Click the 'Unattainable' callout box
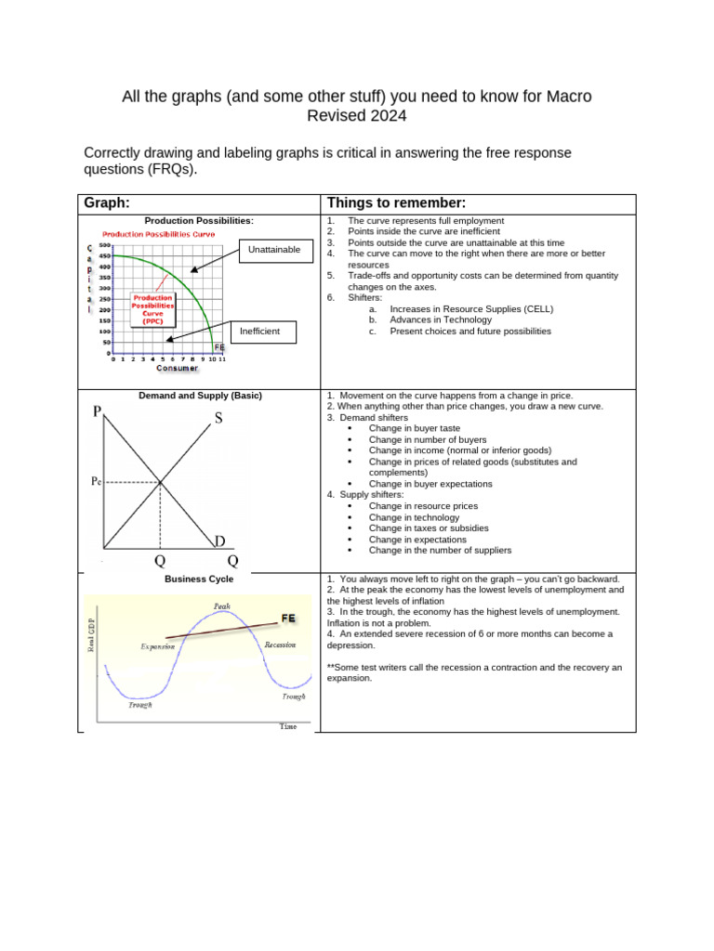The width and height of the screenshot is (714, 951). click(x=274, y=250)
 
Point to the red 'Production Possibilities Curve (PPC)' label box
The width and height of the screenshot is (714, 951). click(x=152, y=308)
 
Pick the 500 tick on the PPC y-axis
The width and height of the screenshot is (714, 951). click(x=105, y=244)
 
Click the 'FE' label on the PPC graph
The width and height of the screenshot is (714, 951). click(x=219, y=347)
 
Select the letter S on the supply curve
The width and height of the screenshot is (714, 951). click(x=218, y=419)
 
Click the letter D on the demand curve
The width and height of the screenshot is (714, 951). click(x=219, y=541)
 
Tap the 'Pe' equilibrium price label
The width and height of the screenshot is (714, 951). click(x=96, y=481)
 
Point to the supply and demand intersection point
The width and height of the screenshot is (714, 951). click(x=161, y=481)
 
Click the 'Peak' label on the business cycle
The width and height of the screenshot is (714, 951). click(x=221, y=606)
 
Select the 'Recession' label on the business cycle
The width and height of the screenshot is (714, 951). click(x=280, y=644)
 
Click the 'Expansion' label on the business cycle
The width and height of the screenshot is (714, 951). click(x=157, y=645)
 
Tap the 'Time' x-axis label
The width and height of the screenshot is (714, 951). click(x=288, y=726)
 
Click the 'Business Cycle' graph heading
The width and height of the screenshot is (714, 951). click(x=199, y=579)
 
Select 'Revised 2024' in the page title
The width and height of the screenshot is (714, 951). click(x=357, y=116)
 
